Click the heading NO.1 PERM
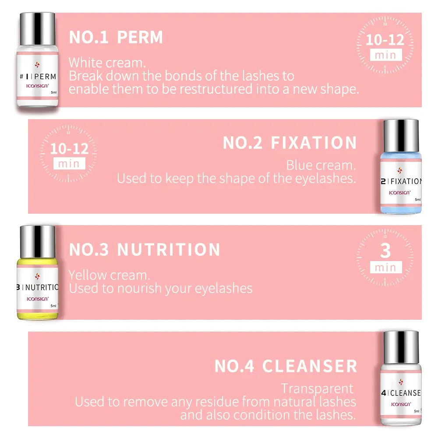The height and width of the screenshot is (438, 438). (116, 37)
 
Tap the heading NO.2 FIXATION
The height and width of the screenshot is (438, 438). (290, 143)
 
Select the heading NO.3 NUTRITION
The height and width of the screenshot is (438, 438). (145, 250)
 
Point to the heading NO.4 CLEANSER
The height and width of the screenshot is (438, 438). (286, 366)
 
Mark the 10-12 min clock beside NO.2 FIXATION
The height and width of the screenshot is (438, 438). (69, 153)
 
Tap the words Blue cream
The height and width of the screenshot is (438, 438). (321, 166)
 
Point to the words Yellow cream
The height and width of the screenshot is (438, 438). (109, 275)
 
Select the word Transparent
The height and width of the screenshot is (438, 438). (317, 389)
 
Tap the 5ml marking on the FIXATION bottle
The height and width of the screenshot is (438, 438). (417, 199)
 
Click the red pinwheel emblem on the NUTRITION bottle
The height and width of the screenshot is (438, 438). (37, 276)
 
